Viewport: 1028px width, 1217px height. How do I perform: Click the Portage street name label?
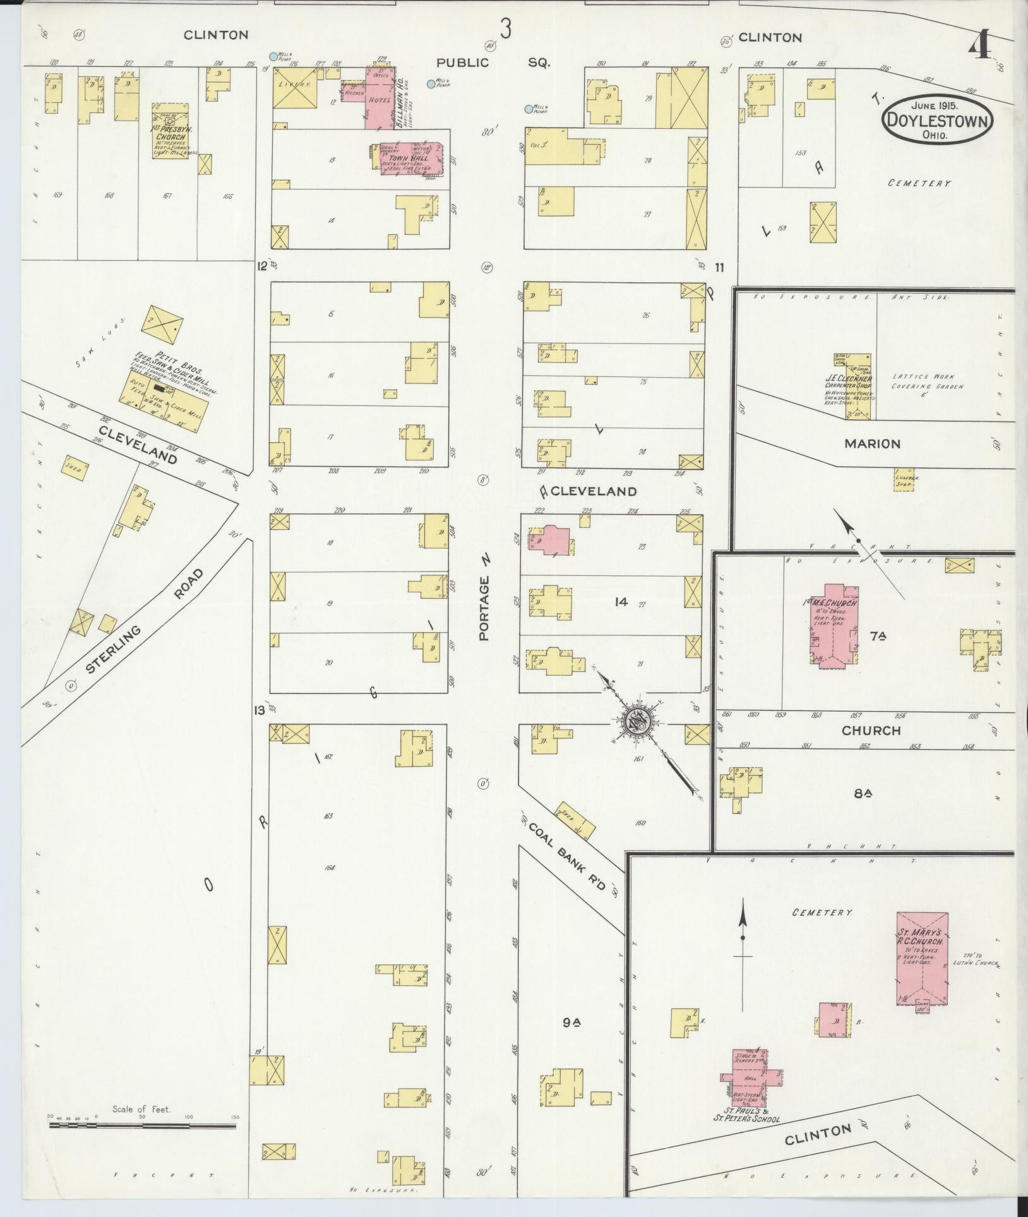point(485,600)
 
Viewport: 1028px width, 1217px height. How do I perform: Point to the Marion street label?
point(871,444)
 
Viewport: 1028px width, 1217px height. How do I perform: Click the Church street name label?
point(871,730)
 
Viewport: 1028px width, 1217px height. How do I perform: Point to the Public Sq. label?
point(493,63)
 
